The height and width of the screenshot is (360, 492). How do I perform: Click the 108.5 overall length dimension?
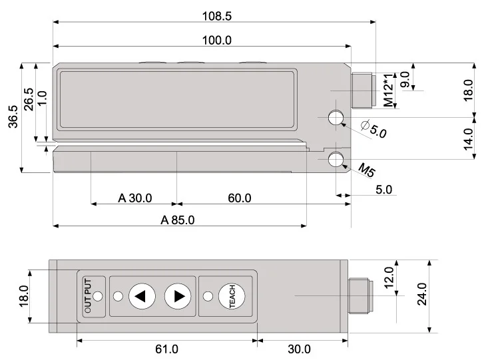(x=217, y=17)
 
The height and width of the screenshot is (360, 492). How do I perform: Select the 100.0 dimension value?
(x=217, y=40)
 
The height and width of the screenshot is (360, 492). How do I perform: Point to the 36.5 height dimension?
(x=12, y=118)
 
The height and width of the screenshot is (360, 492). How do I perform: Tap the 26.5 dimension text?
(x=28, y=100)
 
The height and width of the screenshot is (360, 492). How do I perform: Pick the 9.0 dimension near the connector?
(x=405, y=78)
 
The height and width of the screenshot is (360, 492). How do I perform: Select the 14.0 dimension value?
(x=468, y=140)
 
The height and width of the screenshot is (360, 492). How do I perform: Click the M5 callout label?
(x=366, y=170)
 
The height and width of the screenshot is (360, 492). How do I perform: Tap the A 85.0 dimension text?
(x=177, y=220)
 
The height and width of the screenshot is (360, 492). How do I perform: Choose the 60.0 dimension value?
(x=239, y=198)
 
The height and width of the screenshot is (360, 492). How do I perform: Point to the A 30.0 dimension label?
(x=135, y=198)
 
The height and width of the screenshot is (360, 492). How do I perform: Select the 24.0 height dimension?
(x=421, y=295)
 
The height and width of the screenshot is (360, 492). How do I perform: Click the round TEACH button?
(x=232, y=296)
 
